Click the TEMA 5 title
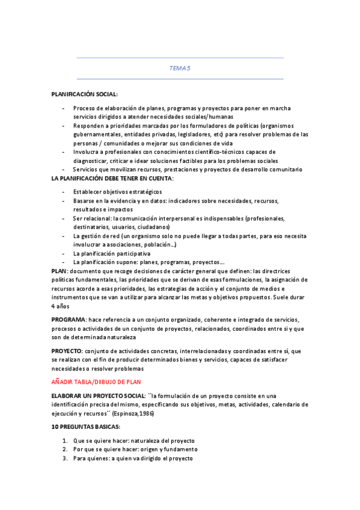pos(180,69)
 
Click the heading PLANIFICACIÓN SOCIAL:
pos(85,94)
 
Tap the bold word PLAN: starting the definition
pos(60,272)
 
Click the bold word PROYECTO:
pos(67,351)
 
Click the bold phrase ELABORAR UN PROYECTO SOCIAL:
pos(99,396)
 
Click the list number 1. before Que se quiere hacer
pos(65,440)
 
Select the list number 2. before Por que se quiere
pos(65,449)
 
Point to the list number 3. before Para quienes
pos(65,458)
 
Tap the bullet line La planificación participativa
pos(112,253)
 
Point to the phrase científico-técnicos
pos(224,152)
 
